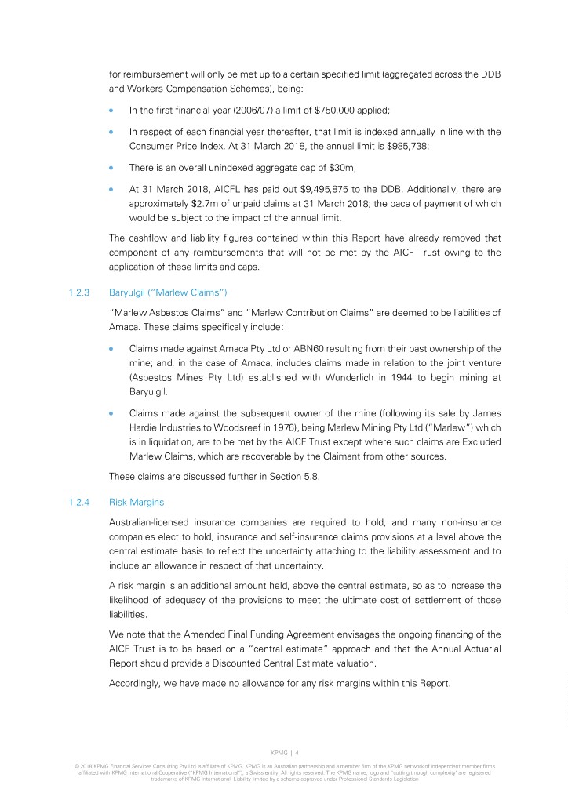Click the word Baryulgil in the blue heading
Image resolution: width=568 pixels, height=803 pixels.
(x=134, y=292)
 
